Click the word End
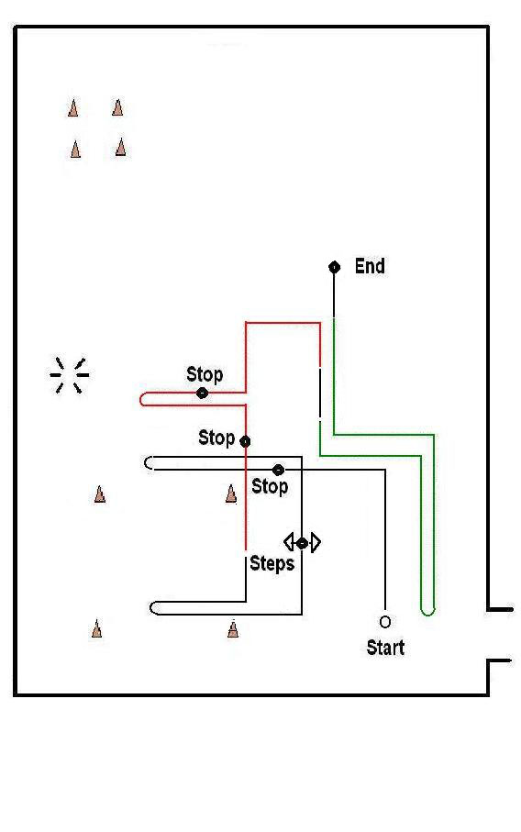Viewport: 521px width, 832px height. (x=370, y=266)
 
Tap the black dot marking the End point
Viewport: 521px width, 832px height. (x=334, y=267)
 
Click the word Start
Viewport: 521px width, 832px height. (x=386, y=648)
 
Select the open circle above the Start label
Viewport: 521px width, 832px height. (x=385, y=621)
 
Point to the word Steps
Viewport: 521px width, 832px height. (x=272, y=563)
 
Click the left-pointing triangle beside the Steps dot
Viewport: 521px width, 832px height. (x=289, y=542)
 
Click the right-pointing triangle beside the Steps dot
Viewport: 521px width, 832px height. (x=316, y=542)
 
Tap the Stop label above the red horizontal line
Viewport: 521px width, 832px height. (x=205, y=374)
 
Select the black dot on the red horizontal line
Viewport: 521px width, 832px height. (x=202, y=394)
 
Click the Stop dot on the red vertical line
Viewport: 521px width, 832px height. (x=245, y=441)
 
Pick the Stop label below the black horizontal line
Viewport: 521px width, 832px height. (x=270, y=486)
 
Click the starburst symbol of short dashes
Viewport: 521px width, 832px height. (x=70, y=375)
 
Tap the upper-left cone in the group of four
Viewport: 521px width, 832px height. (x=73, y=107)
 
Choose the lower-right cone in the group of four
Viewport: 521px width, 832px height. (x=121, y=147)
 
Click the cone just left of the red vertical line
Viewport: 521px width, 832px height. (x=231, y=494)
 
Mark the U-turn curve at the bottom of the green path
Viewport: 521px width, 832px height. (x=427, y=611)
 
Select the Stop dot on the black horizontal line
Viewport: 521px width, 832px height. (x=278, y=470)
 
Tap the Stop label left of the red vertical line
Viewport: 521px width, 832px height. (x=216, y=438)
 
